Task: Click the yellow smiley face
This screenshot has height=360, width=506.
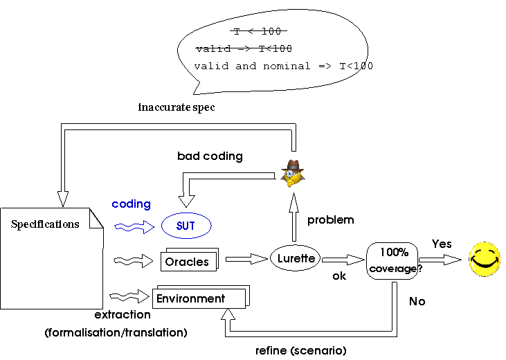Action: tap(485, 259)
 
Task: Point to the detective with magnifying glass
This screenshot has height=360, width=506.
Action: tap(293, 173)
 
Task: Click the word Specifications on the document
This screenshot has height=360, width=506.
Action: tap(45, 224)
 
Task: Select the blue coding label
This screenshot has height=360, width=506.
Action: tap(131, 204)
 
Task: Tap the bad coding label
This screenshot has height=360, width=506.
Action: tap(210, 156)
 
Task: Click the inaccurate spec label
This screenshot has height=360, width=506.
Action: tap(177, 107)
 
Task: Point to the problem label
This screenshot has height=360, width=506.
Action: tap(330, 220)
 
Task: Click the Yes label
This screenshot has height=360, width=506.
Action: tap(442, 244)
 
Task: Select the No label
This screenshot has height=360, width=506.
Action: tap(417, 301)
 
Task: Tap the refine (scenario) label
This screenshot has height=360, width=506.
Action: tap(300, 350)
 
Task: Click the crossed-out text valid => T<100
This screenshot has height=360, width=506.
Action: tap(244, 48)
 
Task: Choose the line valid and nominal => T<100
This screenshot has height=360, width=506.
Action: tap(283, 66)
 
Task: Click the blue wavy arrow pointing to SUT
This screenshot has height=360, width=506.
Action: tap(134, 227)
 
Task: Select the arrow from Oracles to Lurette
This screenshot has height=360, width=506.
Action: tap(246, 259)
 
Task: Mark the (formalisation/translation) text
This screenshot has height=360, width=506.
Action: tap(116, 332)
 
